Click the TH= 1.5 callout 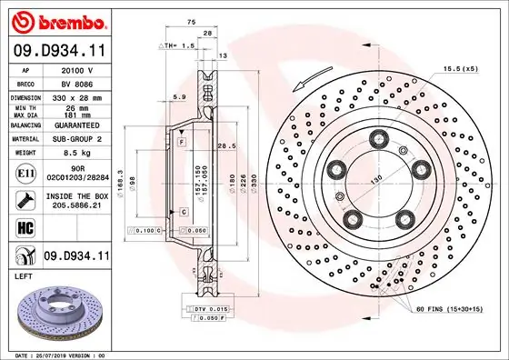coord(177,45)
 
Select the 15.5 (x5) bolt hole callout coord(461,69)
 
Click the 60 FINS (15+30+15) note coord(455,311)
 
